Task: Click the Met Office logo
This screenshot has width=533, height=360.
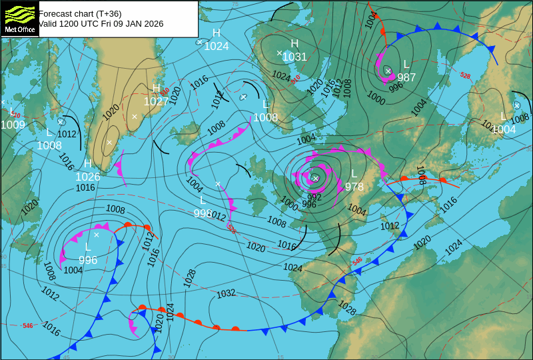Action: coord(19,19)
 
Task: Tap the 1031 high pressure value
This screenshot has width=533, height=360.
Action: coord(294,57)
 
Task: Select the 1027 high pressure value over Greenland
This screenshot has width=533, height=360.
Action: coord(156,101)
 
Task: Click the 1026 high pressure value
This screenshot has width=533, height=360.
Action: coord(87,177)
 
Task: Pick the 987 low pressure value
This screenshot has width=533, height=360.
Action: coord(406,77)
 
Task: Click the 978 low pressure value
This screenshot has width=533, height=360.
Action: coord(354,187)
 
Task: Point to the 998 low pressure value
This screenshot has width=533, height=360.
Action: coord(203,213)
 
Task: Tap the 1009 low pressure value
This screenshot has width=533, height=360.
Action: coord(13,124)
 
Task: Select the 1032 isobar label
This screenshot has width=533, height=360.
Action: coord(226,294)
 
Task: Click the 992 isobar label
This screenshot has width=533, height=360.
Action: coord(314,197)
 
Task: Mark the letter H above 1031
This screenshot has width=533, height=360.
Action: coord(294,44)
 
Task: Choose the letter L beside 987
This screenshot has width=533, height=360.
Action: coord(406,65)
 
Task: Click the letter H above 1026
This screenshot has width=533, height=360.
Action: coord(87,164)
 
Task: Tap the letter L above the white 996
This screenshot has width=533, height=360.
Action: coord(88,247)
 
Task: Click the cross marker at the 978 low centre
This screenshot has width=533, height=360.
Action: coord(315,178)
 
